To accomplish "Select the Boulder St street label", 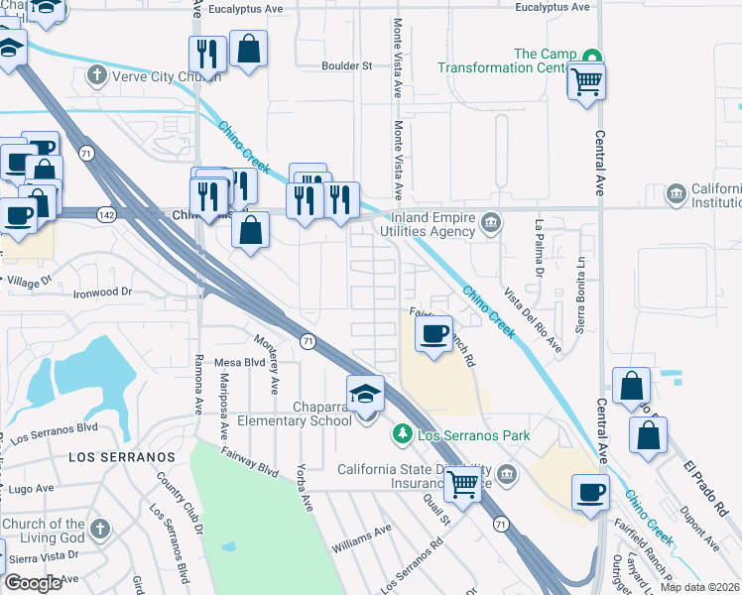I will (x=346, y=66).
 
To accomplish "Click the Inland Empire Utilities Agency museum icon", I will (x=490, y=221).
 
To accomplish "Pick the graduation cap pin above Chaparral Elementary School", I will (x=365, y=396).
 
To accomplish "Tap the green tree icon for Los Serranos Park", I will (x=402, y=434).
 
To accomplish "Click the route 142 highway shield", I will (x=107, y=213).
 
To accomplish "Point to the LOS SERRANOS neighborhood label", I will (x=121, y=456).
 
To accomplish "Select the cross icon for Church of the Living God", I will (x=100, y=530).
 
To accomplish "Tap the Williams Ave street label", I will (x=363, y=540).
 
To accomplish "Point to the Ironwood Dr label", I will (x=102, y=293).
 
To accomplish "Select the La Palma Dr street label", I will (x=541, y=248).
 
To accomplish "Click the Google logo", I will (x=34, y=583).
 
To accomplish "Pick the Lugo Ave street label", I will (x=31, y=488).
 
